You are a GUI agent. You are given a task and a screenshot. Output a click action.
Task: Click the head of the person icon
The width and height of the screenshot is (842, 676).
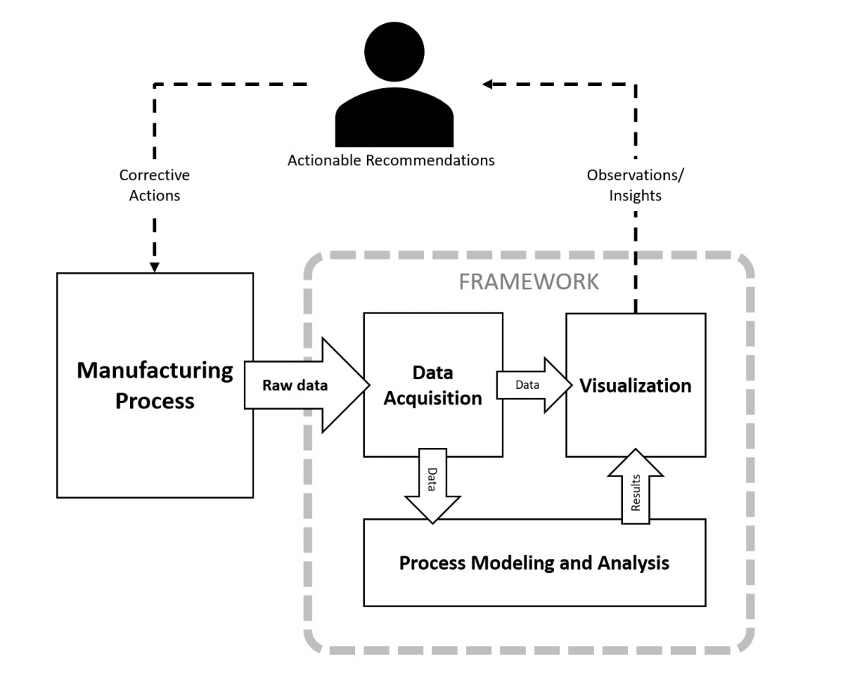coord(394,52)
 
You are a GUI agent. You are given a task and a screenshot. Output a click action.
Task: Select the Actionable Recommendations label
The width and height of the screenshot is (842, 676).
coord(391,161)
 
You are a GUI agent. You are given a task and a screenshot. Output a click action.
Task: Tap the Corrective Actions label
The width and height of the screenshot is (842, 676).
coord(155,185)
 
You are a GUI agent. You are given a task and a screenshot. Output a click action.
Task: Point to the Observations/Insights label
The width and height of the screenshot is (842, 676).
coord(636,185)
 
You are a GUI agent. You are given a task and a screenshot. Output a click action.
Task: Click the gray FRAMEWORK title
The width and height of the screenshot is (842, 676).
coord(529,282)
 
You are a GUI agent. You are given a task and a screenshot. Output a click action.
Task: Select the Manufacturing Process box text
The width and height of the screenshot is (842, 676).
coord(155,386)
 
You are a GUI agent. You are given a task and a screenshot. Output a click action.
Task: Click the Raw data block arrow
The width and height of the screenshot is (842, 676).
coord(307,385)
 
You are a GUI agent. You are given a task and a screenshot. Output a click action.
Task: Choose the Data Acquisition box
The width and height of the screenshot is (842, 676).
coord(433,384)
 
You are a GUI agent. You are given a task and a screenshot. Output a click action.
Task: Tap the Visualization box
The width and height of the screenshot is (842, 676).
coord(636,384)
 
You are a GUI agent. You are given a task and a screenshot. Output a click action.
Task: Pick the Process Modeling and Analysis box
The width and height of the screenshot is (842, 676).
coord(535,562)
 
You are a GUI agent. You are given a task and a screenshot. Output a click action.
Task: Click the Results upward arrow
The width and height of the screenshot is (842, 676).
coord(636,487)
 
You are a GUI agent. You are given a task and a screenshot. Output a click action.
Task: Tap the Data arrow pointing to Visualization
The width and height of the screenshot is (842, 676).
coord(535,385)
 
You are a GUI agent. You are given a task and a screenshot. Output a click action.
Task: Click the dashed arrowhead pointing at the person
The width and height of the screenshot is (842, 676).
coord(487,84)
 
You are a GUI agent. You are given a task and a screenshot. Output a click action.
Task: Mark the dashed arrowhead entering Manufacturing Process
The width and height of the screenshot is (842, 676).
coord(155,268)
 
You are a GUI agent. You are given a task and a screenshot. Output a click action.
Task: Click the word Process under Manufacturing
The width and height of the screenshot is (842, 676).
coord(155,401)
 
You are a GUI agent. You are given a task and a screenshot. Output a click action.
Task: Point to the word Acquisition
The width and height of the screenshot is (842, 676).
coord(433,399)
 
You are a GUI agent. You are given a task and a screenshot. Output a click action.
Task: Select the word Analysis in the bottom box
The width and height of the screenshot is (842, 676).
coord(633,562)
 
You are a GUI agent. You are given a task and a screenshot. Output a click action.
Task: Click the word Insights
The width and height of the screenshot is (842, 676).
coord(636,195)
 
